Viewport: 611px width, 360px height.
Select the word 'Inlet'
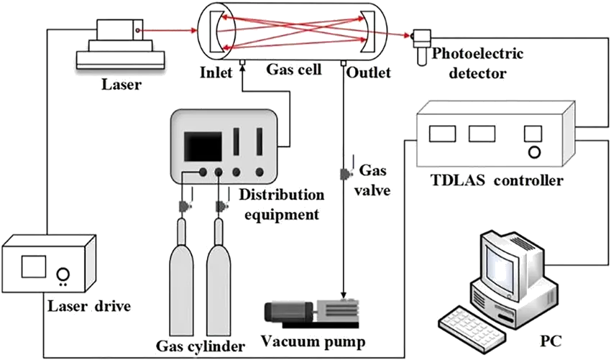(218, 72)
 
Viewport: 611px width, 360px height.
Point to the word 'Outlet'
(368, 72)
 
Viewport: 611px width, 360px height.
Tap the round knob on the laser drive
(63, 274)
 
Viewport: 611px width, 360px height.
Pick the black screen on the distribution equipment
(203, 145)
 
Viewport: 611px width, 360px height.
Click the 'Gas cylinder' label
(201, 346)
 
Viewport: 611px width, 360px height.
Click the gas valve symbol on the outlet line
(344, 173)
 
